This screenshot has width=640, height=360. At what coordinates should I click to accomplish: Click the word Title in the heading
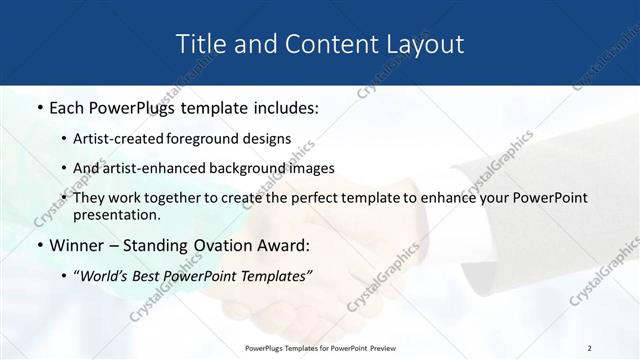(x=200, y=44)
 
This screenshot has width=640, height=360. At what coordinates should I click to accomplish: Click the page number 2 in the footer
(x=589, y=348)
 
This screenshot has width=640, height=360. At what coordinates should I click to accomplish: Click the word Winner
(x=76, y=244)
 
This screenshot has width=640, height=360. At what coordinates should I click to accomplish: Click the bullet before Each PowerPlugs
(x=39, y=105)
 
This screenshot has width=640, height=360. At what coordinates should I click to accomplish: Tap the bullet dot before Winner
(x=39, y=245)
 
